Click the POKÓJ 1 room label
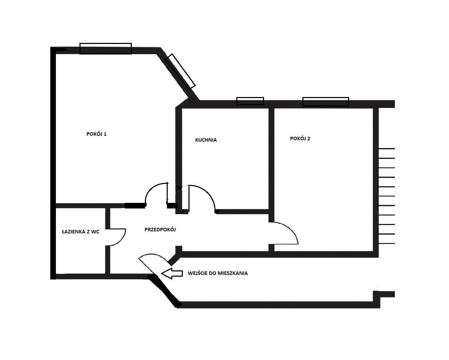click(96, 134)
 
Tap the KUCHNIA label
click(206, 140)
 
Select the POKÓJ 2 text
click(300, 139)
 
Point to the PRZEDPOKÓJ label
click(160, 230)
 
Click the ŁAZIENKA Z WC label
click(81, 232)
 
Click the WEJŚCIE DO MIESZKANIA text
click(218, 273)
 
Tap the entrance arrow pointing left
click(172, 274)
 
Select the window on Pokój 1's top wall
click(105, 49)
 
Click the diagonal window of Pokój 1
click(180, 71)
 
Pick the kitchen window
click(250, 101)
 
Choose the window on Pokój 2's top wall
click(326, 102)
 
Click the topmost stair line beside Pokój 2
click(387, 149)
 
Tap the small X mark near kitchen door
click(179, 188)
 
